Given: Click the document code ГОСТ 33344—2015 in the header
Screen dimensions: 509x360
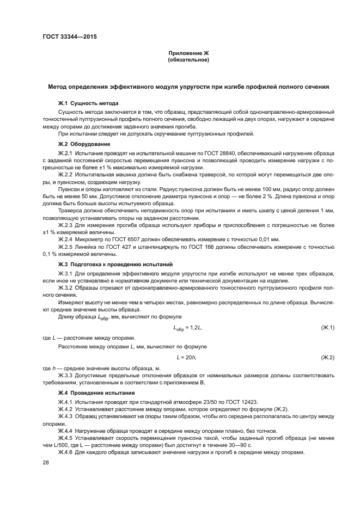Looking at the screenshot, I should coord(66,36).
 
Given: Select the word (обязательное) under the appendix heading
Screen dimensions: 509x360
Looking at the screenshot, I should coord(188,60).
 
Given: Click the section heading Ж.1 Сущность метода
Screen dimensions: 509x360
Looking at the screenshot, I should coord(88,103).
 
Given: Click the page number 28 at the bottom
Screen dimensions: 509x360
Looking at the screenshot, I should coord(46,462).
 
